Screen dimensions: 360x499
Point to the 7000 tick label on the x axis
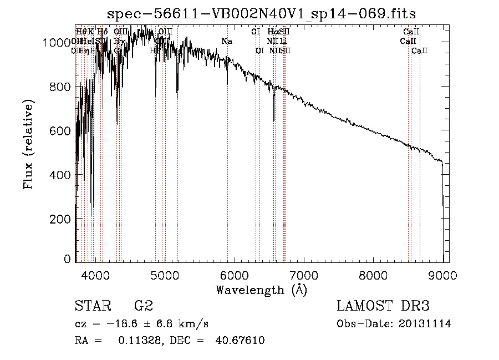(x=304, y=275)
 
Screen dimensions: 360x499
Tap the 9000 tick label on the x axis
(x=442, y=275)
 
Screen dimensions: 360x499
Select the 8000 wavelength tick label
(x=373, y=275)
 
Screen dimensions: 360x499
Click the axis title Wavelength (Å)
(x=261, y=290)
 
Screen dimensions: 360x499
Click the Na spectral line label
(x=227, y=41)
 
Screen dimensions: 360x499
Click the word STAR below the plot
(x=92, y=306)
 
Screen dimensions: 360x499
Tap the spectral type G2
(x=144, y=306)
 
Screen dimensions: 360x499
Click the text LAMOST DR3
(x=383, y=306)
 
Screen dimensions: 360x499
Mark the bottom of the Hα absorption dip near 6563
(x=274, y=119)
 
